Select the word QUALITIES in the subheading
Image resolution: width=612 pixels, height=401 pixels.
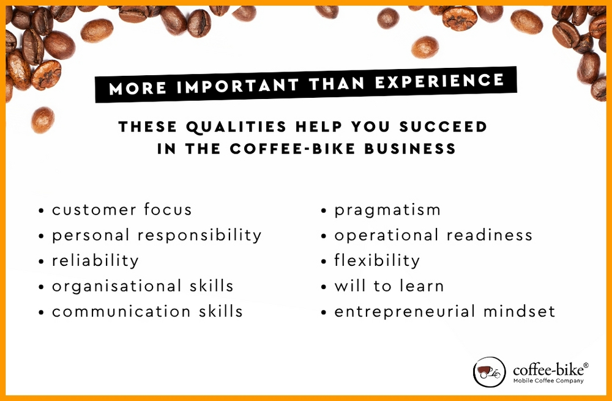236,127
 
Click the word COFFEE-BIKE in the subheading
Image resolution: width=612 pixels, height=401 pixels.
293,149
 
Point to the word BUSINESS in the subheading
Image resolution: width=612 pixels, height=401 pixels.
410,149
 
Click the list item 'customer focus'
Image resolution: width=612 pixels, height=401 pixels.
122,210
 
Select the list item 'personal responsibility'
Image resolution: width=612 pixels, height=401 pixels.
157,235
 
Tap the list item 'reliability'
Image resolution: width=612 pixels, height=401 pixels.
95,260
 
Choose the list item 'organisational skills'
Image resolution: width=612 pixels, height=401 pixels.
143,286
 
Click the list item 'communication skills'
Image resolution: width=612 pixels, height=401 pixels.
147,311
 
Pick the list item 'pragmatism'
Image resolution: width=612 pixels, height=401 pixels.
387,210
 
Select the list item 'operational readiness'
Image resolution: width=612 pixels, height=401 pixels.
433,235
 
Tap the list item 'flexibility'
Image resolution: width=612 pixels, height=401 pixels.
377,260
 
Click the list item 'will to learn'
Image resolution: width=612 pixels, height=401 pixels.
389,286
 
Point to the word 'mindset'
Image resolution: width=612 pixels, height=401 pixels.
519,311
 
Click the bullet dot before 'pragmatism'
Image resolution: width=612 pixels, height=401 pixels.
323,211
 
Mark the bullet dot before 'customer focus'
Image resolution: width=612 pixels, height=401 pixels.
41,211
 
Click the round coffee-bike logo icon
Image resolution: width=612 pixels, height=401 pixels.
489,372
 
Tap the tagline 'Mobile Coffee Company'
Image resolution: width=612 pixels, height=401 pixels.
548,381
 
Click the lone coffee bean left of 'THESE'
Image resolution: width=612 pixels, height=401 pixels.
43,120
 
